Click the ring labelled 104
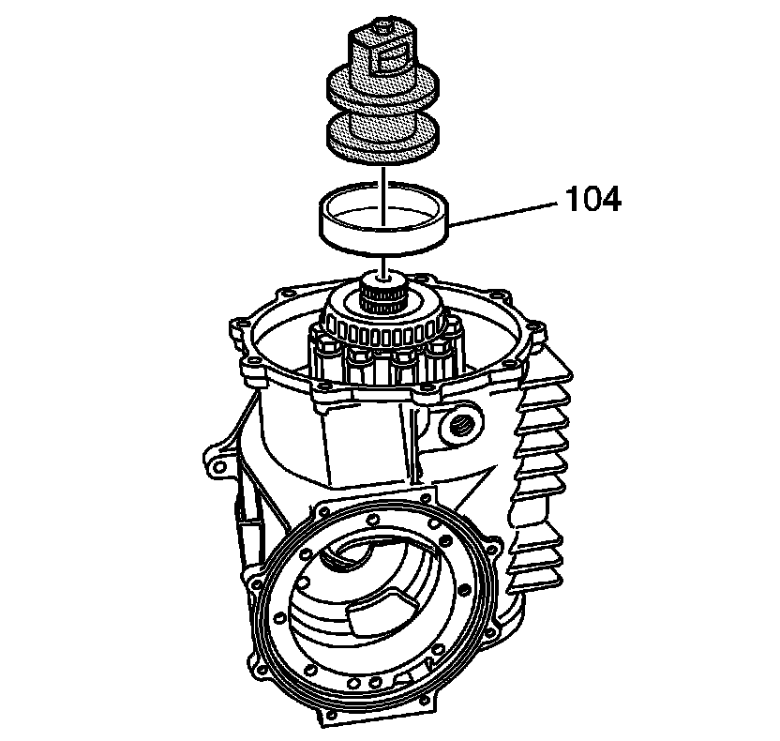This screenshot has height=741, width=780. click(x=384, y=235)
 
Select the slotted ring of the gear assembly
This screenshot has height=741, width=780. click(x=384, y=324)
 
